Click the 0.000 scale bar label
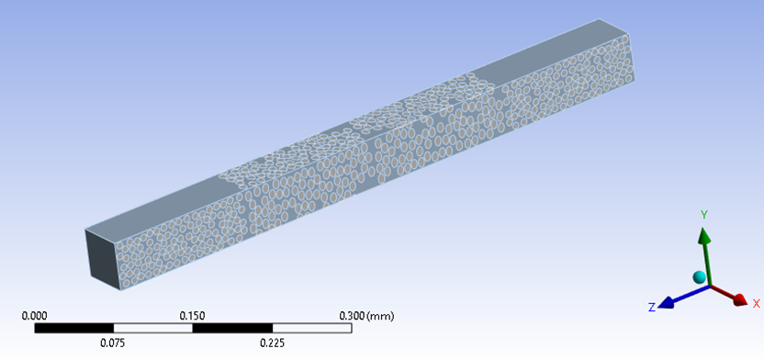(x=35, y=316)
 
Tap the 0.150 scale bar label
(x=193, y=316)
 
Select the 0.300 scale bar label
(x=352, y=316)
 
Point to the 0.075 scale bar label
(x=113, y=343)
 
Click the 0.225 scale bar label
(x=273, y=343)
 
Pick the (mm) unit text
(x=380, y=316)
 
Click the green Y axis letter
(x=704, y=214)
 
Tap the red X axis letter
(x=757, y=304)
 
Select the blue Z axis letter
(x=651, y=308)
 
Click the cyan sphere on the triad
(x=699, y=277)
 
